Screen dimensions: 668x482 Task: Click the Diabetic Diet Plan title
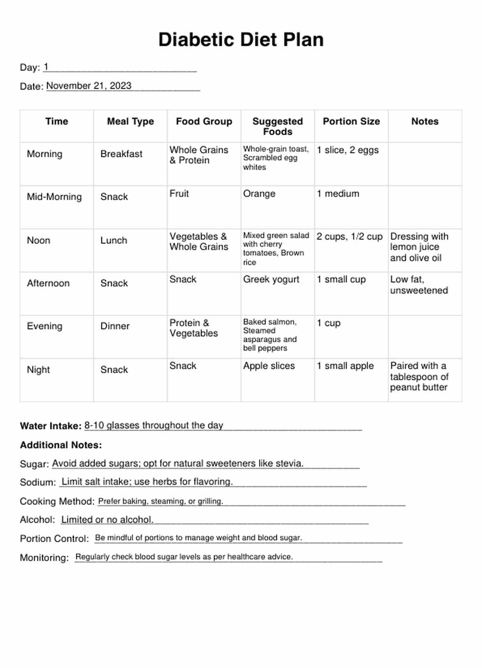coord(241,40)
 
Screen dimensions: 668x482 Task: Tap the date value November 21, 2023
coord(89,86)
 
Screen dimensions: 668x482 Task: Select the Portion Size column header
coord(351,121)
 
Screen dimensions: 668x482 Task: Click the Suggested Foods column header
coord(277,126)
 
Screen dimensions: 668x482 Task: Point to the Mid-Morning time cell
coord(54,197)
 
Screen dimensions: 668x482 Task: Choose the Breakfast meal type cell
coord(121,154)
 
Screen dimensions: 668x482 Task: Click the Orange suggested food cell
coord(259,193)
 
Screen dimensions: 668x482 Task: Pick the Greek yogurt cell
coord(271,279)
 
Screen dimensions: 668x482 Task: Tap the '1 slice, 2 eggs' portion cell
coord(348,150)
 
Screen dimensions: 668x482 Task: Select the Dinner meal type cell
coord(115,326)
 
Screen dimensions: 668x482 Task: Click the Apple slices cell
coord(269,366)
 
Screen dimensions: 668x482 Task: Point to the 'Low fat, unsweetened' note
coord(419,285)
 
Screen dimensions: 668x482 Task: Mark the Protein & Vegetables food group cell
coord(193,328)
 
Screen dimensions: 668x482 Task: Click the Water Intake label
coord(51,426)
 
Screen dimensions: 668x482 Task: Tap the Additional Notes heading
coord(61,445)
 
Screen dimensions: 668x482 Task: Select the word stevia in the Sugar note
coord(289,464)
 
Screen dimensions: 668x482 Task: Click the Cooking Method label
coord(57,501)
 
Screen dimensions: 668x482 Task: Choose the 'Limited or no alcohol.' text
coord(107,520)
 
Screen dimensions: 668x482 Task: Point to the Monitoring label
coord(44,558)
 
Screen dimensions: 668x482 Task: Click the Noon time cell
coord(39,241)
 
